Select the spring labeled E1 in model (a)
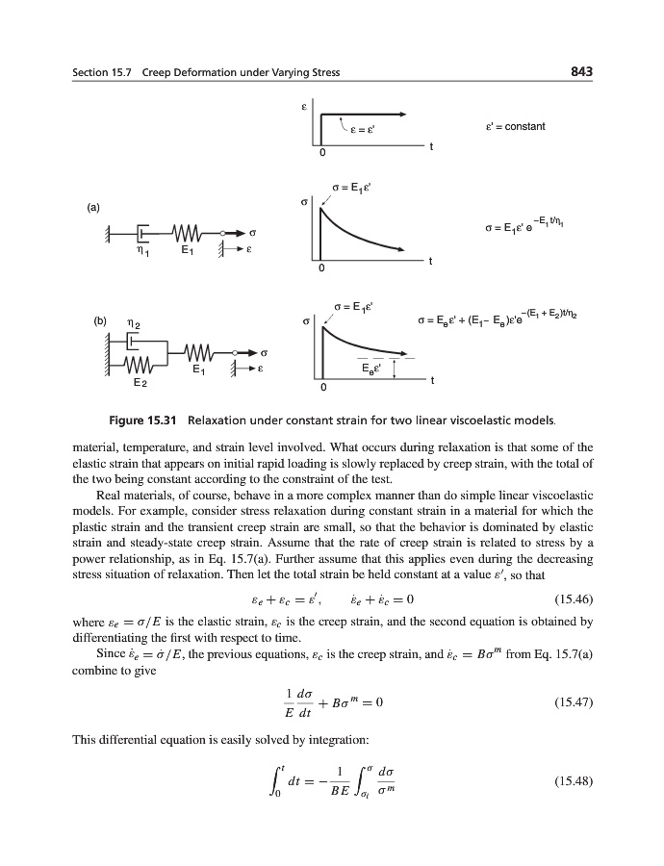tap(187, 233)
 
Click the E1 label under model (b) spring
tap(197, 369)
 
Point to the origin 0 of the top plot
tap(323, 153)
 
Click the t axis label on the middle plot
tap(430, 262)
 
